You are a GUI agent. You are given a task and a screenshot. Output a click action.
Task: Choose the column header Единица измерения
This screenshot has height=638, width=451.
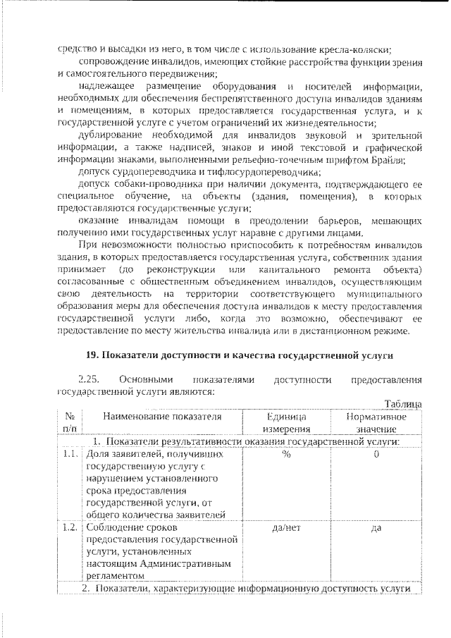pos(285,423)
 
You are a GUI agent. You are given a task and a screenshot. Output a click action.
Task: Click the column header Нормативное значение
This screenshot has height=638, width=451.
pos(376,423)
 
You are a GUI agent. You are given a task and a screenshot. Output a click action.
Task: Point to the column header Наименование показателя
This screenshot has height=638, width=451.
pos(161,417)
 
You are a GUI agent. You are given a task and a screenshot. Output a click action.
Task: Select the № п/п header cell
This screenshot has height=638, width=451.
pos(70,423)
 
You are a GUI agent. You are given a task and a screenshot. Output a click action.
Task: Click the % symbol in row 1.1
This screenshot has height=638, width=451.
pos(285,454)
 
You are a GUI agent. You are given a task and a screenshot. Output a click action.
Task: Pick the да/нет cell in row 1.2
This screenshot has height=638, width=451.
pos(285,527)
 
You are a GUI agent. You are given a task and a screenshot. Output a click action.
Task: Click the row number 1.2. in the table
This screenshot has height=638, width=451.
pos(69,527)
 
